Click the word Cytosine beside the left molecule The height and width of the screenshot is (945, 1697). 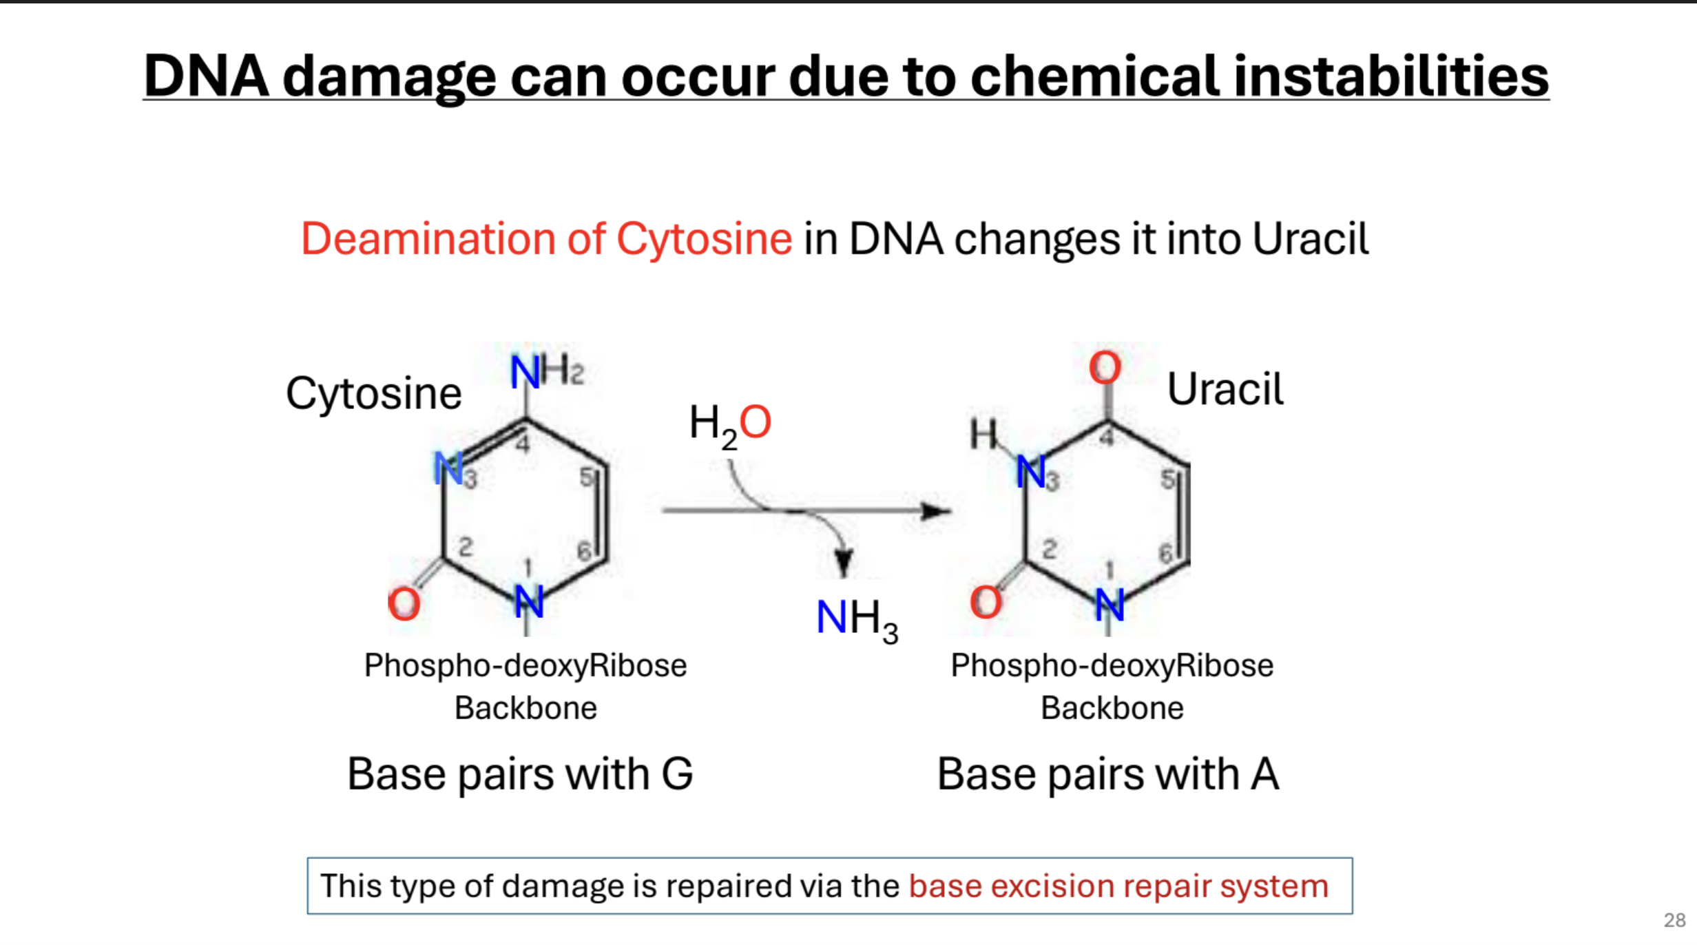(x=373, y=394)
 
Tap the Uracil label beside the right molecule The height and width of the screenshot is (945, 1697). (x=1225, y=389)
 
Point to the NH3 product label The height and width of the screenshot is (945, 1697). (x=856, y=619)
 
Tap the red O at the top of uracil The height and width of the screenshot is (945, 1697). (x=1105, y=367)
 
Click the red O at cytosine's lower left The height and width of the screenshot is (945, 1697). (x=404, y=604)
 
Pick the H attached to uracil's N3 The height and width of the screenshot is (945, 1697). (x=983, y=434)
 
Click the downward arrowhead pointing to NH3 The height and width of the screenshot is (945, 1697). (x=844, y=561)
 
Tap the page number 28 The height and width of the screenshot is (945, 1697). (x=1674, y=920)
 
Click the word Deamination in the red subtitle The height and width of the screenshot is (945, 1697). (x=428, y=240)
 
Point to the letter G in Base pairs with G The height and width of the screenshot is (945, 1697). (x=677, y=774)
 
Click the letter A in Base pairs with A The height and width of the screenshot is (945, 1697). (x=1264, y=774)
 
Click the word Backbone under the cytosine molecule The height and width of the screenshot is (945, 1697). (x=525, y=708)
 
